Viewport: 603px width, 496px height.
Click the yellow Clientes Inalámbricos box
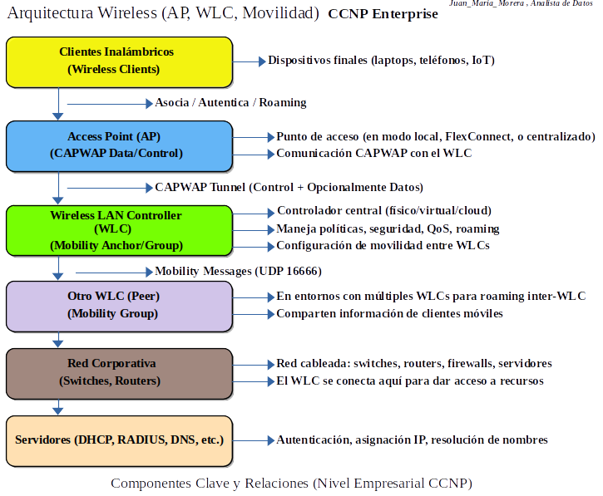pyautogui.click(x=119, y=61)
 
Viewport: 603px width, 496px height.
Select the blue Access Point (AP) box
pyautogui.click(x=119, y=145)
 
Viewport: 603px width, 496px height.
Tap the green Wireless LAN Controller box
pyautogui.click(x=119, y=230)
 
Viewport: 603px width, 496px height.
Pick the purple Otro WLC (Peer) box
pyautogui.click(x=119, y=306)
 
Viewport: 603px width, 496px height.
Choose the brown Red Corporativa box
pyautogui.click(x=119, y=373)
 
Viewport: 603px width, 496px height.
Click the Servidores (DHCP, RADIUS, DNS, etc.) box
pyautogui.click(x=119, y=440)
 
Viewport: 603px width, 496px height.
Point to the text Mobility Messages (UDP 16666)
pyautogui.click(x=238, y=272)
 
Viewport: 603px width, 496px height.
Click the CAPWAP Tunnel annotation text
pyautogui.click(x=289, y=187)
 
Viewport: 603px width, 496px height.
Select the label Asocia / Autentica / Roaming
pyautogui.click(x=230, y=103)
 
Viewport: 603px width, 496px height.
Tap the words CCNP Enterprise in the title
pyautogui.click(x=383, y=14)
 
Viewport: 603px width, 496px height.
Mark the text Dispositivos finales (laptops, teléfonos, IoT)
pyautogui.click(x=382, y=61)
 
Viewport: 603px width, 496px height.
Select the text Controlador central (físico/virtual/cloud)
pyautogui.click(x=383, y=211)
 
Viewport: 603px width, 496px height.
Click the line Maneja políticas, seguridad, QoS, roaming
pyautogui.click(x=388, y=228)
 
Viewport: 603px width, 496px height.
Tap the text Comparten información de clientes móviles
pyautogui.click(x=389, y=314)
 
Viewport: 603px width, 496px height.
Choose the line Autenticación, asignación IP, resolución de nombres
pyautogui.click(x=412, y=440)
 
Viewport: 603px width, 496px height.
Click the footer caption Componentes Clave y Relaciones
pyautogui.click(x=291, y=483)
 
